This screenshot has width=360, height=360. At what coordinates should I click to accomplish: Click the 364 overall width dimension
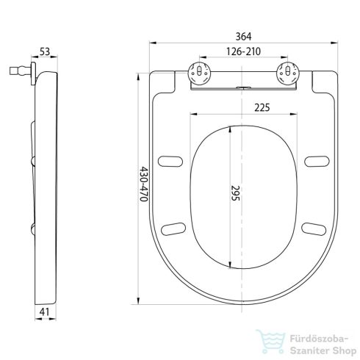click(243, 37)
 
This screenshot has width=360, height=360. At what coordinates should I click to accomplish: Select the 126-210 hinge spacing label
click(243, 51)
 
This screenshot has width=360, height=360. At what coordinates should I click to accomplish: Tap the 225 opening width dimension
click(262, 107)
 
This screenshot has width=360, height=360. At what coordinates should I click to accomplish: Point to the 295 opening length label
click(235, 193)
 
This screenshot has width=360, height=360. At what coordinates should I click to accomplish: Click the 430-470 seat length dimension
click(144, 184)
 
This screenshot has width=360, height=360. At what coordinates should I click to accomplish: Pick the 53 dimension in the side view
click(45, 51)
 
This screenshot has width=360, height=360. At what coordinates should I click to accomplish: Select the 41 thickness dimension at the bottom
click(44, 312)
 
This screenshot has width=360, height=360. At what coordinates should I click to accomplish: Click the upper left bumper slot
click(170, 162)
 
